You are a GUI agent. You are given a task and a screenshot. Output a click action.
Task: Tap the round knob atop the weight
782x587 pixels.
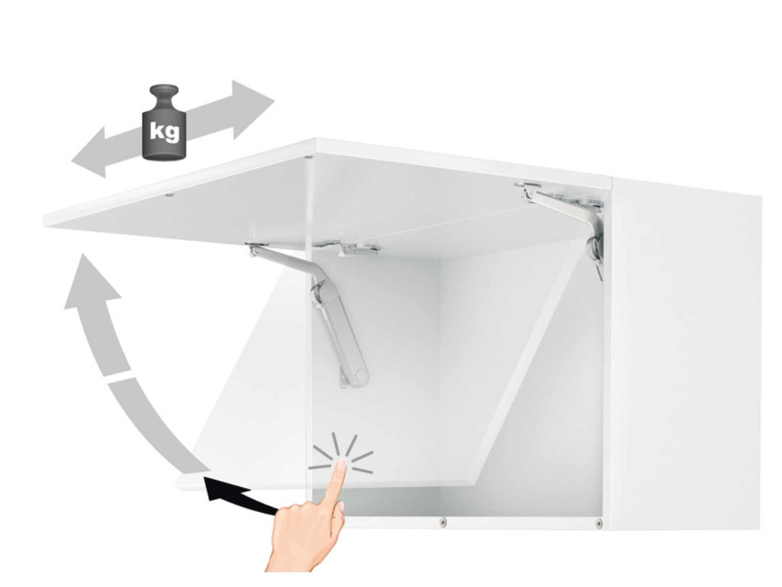[x=164, y=93]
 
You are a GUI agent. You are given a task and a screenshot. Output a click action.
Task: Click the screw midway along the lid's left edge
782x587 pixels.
[x=170, y=195]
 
